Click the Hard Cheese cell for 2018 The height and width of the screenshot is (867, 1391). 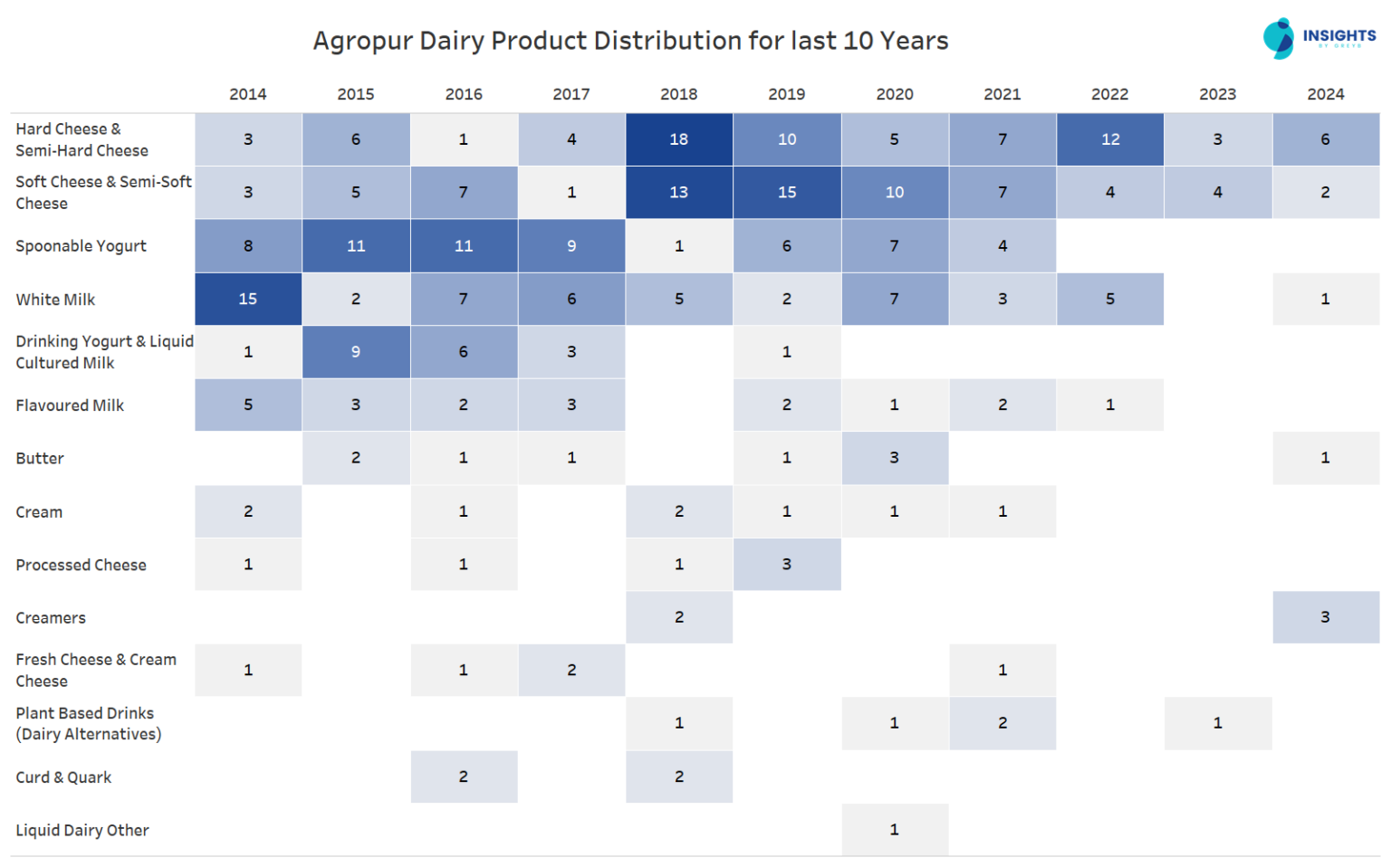[x=679, y=139]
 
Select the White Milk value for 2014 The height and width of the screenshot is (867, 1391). [x=248, y=299]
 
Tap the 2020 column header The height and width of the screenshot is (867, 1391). [x=894, y=94]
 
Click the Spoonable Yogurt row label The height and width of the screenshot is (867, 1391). [x=81, y=246]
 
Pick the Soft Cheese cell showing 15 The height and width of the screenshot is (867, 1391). [x=786, y=192]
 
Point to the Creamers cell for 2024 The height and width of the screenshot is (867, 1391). [x=1325, y=617]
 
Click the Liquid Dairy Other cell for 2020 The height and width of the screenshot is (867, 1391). [x=894, y=830]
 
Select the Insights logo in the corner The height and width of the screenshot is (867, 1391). [x=1319, y=38]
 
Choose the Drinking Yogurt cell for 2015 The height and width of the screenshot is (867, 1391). [x=356, y=352]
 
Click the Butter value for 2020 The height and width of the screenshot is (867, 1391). [x=894, y=458]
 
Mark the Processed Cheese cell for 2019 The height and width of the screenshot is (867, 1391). [x=786, y=565]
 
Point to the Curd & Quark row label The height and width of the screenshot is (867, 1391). [x=63, y=777]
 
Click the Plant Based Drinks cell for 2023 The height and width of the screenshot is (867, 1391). [x=1217, y=723]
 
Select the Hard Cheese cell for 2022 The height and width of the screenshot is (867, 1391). [x=1109, y=139]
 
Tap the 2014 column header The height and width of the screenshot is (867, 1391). [x=248, y=94]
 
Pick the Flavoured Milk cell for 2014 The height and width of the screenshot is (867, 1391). [x=248, y=405]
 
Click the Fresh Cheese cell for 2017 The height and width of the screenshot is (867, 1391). [x=571, y=671]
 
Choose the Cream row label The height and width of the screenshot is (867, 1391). [x=39, y=512]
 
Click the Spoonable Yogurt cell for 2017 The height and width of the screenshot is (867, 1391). [x=571, y=246]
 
